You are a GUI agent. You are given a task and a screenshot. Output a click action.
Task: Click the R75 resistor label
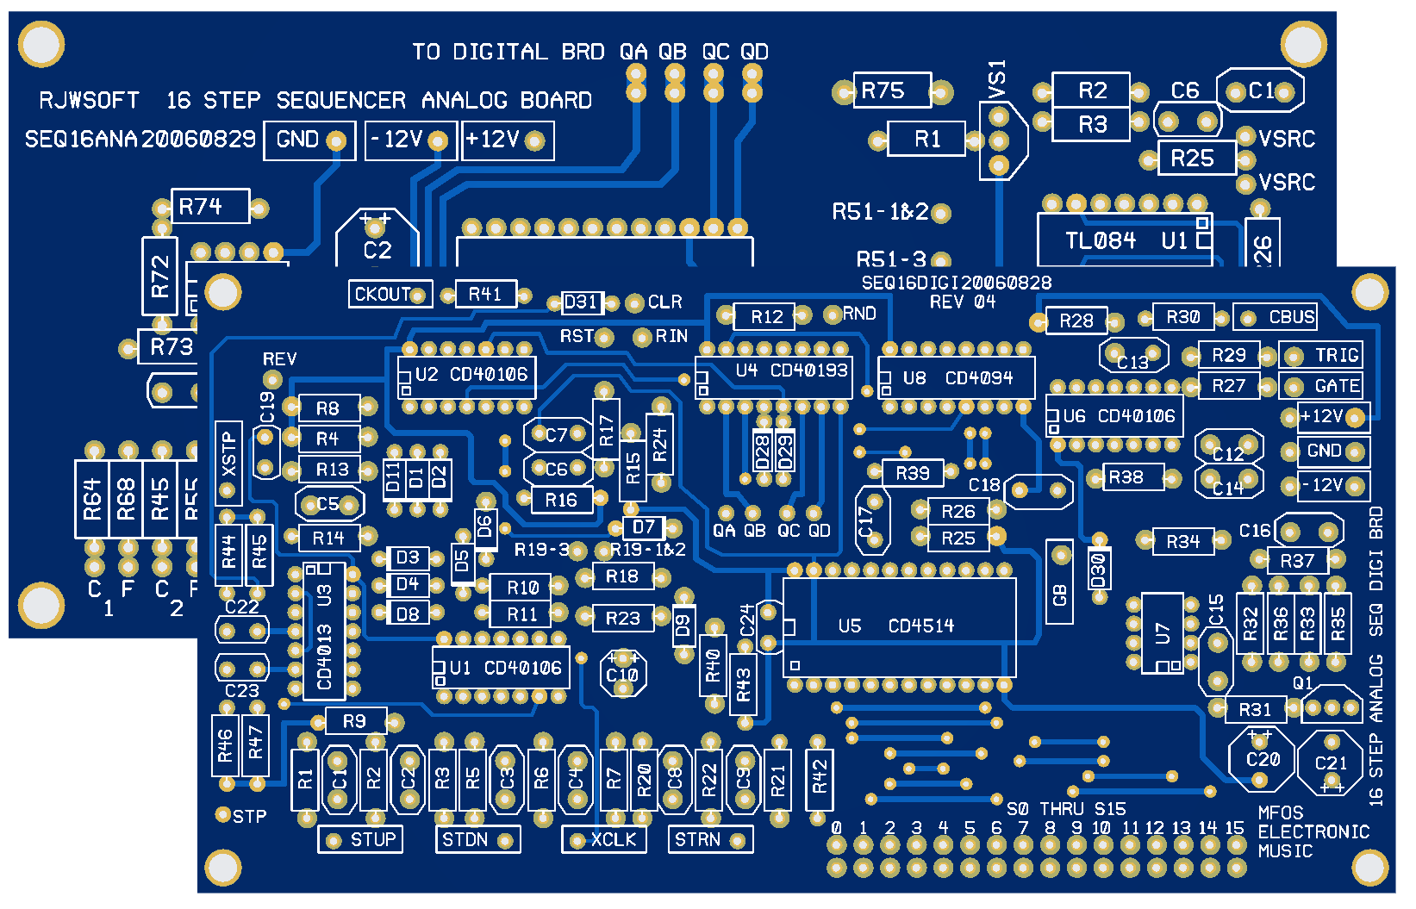click(x=883, y=90)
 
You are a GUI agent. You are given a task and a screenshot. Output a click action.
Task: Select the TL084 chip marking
click(x=1101, y=240)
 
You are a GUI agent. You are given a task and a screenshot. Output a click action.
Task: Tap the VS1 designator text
click(x=997, y=78)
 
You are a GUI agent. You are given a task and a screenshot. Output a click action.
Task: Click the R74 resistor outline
click(x=209, y=207)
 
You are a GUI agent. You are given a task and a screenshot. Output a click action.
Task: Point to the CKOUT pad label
click(x=383, y=294)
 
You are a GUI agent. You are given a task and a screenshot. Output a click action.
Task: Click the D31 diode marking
click(x=580, y=302)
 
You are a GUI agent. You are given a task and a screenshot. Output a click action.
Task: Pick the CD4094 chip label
click(x=979, y=378)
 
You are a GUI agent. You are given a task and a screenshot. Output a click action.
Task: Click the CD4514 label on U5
click(x=920, y=626)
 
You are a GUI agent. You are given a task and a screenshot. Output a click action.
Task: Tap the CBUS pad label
click(x=1291, y=317)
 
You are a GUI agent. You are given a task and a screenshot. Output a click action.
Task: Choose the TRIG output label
click(x=1336, y=355)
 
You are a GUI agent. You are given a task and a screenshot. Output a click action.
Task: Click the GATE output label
click(x=1337, y=386)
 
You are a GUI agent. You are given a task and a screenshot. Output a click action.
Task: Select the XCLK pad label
click(x=613, y=839)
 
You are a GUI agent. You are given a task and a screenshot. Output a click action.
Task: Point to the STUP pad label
click(x=373, y=839)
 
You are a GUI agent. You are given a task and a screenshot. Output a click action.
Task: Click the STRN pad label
click(x=697, y=839)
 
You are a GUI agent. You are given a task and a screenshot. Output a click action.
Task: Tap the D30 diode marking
click(x=1098, y=570)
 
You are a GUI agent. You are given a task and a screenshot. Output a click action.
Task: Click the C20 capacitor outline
click(x=1262, y=759)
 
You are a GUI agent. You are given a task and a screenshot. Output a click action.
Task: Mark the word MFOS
click(x=1280, y=812)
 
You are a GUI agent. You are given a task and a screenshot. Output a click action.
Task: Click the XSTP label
click(x=228, y=454)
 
